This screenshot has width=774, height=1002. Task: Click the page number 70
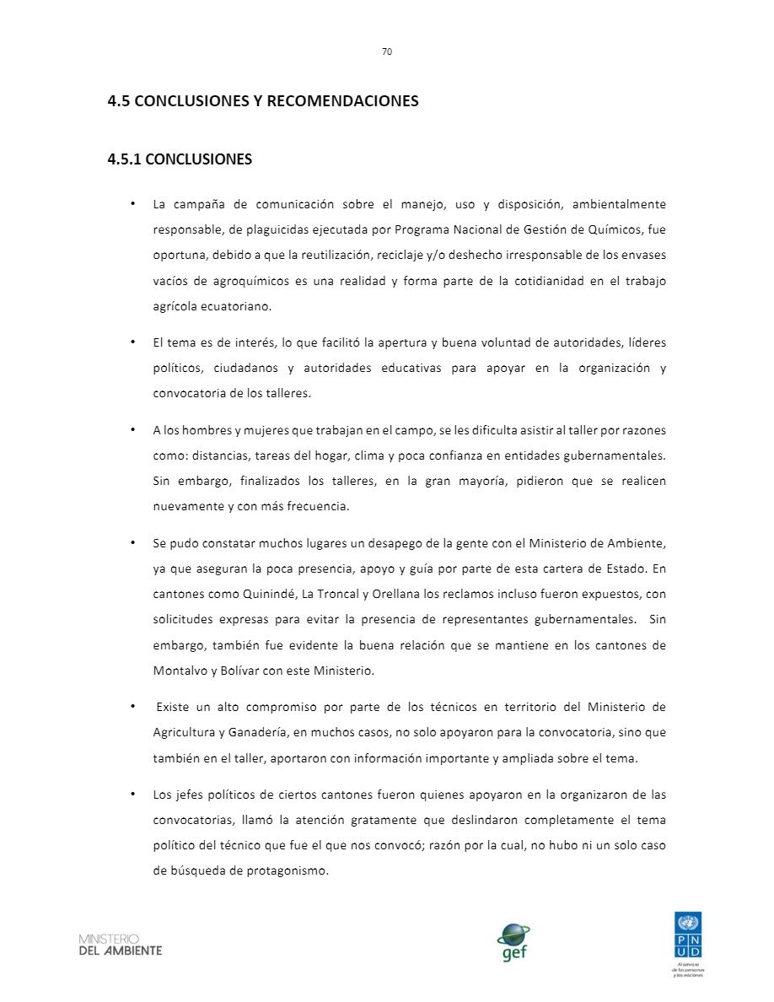(x=387, y=51)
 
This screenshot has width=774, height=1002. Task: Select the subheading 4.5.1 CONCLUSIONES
(x=180, y=159)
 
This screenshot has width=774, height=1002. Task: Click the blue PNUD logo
(x=687, y=935)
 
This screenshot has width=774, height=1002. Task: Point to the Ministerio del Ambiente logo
(x=120, y=945)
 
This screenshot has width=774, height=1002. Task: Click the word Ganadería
(x=257, y=732)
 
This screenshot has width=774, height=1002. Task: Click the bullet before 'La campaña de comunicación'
(x=133, y=204)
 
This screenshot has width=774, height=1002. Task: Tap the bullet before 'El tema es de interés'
(x=133, y=342)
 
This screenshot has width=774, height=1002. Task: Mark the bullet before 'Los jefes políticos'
(x=133, y=795)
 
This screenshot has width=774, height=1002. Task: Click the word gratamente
(x=397, y=820)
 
